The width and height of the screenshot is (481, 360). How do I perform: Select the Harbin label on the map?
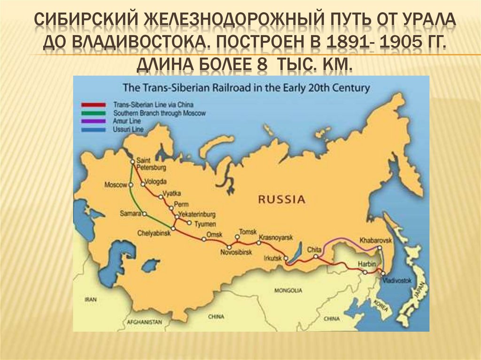point(366,263)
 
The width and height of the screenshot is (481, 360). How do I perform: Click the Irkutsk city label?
point(272,258)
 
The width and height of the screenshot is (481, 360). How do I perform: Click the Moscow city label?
point(116,184)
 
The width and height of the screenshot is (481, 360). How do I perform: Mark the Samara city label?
point(130,214)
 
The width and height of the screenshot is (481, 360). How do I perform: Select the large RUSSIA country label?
point(281,199)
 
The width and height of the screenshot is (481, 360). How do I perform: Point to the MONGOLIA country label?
point(288,291)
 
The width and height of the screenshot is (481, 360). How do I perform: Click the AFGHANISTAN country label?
point(144,322)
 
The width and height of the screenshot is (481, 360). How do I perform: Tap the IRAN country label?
point(90,299)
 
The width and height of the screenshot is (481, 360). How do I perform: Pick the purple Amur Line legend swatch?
point(95,121)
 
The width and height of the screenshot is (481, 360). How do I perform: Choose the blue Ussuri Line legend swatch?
point(95,129)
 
